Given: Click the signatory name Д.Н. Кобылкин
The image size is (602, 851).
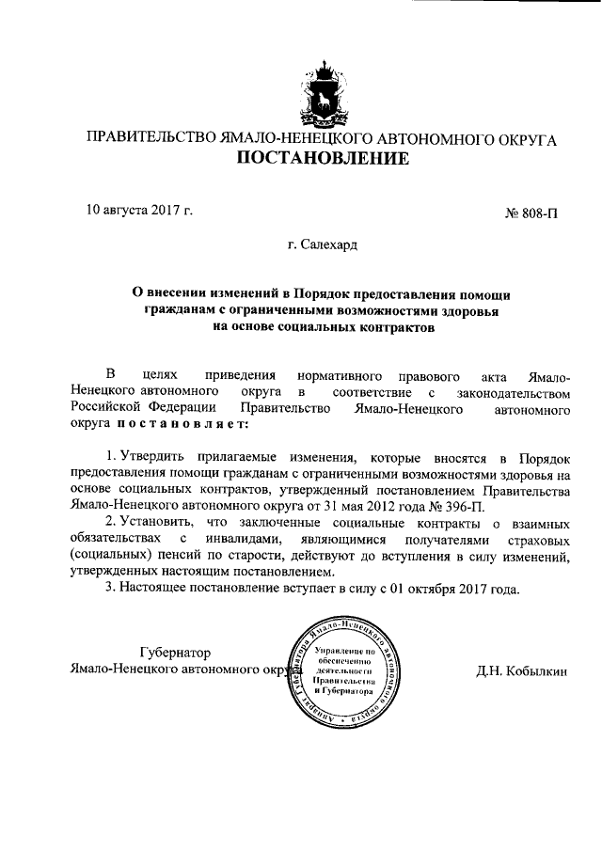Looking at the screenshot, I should tap(522, 671).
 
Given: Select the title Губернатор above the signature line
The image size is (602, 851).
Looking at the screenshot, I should tap(174, 653).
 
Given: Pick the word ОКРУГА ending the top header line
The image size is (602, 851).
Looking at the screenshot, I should tap(523, 138).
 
